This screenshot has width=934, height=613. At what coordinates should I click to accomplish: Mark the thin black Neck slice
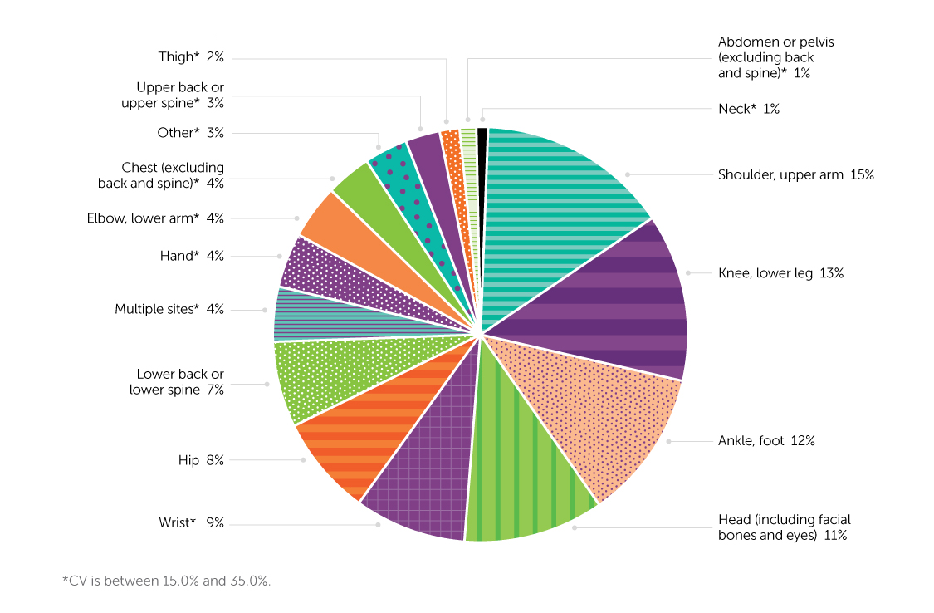[x=482, y=166]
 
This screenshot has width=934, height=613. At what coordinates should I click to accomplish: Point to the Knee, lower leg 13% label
[x=780, y=273]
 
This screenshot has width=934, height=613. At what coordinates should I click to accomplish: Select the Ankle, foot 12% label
[x=765, y=441]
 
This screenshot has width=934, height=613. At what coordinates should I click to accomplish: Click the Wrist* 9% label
[x=191, y=523]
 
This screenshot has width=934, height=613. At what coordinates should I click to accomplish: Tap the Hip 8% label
[x=201, y=460]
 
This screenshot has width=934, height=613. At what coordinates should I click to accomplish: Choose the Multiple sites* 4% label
[x=169, y=310]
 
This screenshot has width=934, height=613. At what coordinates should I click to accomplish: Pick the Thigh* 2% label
[x=191, y=57]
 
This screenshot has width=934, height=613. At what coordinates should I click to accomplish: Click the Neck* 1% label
[x=748, y=109]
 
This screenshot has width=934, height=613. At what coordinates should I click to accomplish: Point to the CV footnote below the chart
[x=167, y=581]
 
